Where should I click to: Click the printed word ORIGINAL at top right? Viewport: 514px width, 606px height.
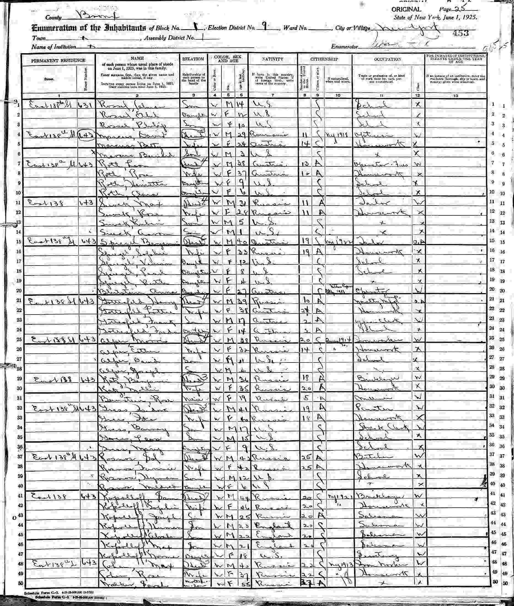[406, 10]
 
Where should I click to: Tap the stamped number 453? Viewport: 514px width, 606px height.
[461, 33]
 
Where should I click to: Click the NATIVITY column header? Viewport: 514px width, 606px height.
[272, 59]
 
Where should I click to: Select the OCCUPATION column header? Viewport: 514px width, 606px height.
[387, 59]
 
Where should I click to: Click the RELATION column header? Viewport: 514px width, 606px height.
[193, 59]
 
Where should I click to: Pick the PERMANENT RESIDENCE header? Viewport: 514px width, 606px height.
[58, 61]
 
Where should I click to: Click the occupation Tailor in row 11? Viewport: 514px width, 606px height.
[367, 203]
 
